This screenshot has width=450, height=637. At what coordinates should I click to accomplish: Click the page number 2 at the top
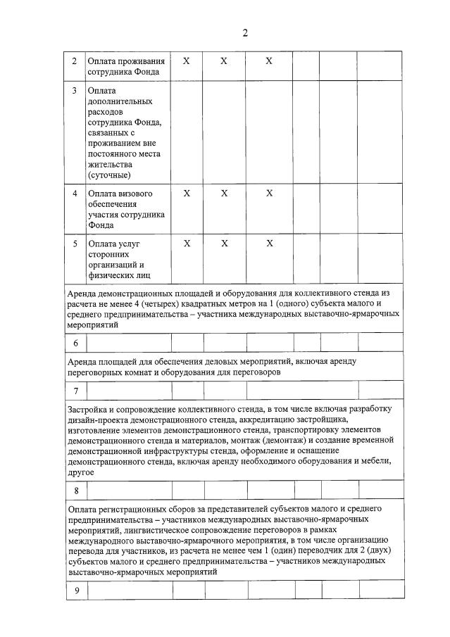coord(245,32)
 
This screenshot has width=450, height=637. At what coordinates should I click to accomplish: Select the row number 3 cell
coord(75,91)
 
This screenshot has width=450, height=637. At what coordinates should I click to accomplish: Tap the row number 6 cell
coord(75,343)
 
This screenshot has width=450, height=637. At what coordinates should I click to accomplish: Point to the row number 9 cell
coord(75,590)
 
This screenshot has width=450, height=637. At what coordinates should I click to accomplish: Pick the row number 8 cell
coord(75,490)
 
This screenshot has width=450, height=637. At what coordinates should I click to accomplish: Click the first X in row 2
coord(186,61)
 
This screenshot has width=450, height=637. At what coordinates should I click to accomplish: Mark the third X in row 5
coord(268,244)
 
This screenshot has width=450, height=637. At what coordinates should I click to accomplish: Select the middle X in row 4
coord(223,193)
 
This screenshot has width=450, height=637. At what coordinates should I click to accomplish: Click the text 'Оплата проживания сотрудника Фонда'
coord(125,66)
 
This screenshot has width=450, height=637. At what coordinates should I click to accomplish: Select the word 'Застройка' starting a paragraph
coord(89,409)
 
